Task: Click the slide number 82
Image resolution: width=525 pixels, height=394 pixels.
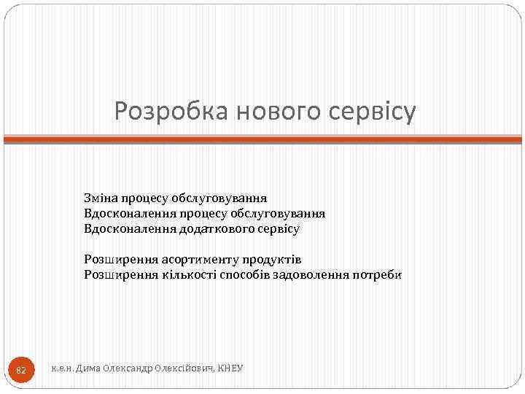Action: point(20,371)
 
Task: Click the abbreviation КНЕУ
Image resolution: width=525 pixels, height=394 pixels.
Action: point(231,369)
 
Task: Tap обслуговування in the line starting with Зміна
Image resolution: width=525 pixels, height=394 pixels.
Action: point(224,198)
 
